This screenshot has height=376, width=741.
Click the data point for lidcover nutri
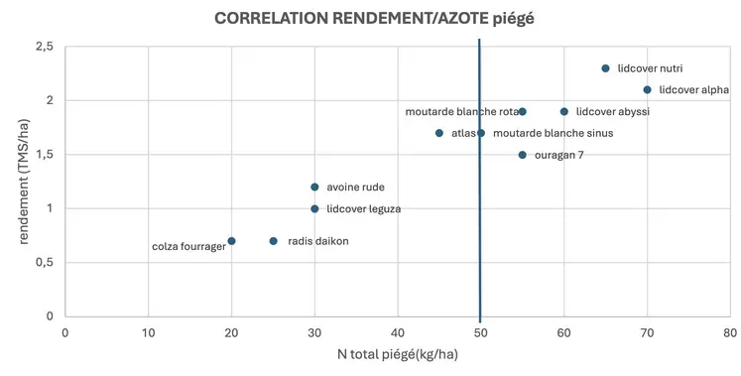[x=605, y=68]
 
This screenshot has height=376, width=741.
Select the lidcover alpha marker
[x=647, y=89]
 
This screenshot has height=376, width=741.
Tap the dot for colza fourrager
[x=231, y=241]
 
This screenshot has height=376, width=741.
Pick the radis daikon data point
[x=273, y=241]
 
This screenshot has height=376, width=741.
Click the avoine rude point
[x=314, y=187]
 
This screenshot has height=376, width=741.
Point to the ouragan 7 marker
[x=523, y=155]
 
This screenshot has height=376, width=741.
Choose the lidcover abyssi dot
[x=564, y=111]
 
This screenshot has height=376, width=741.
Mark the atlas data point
[x=439, y=133]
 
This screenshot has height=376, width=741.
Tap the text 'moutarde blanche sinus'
[x=553, y=133]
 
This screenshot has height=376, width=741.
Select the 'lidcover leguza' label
[x=363, y=209]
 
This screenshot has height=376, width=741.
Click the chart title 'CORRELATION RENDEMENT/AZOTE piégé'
[x=370, y=18]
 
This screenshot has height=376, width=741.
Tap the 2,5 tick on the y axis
[x=45, y=47]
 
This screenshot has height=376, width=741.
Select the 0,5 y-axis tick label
[x=45, y=263]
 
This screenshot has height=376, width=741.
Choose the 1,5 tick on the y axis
[x=45, y=155]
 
